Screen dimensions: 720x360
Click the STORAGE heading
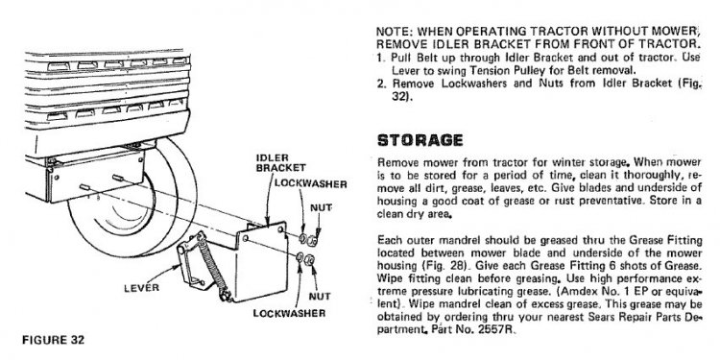point(420,140)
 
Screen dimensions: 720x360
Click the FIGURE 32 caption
point(53,340)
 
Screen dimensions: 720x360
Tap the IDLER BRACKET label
point(280,162)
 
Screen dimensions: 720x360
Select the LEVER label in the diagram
point(141,288)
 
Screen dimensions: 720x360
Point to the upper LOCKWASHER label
point(310,184)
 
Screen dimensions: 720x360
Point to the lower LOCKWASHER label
point(289,313)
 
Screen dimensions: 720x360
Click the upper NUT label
point(321,207)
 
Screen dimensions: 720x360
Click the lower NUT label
point(320,297)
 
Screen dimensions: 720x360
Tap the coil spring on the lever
point(211,264)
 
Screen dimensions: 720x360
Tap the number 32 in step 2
point(398,97)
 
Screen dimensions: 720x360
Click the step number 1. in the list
point(381,58)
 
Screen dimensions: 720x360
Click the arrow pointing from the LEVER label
point(163,275)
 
